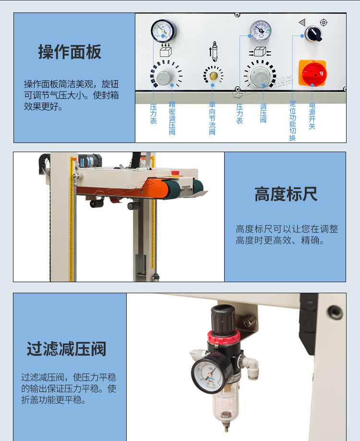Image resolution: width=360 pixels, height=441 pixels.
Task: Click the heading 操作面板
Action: click(x=70, y=52)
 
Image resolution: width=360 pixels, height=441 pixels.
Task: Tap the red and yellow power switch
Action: click(x=312, y=73)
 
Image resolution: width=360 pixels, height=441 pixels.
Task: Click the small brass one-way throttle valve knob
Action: click(x=213, y=75)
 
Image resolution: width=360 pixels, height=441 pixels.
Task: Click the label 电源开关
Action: click(x=312, y=116)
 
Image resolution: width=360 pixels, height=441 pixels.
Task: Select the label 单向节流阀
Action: click(x=212, y=118)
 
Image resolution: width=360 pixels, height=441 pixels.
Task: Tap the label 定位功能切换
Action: click(x=293, y=120)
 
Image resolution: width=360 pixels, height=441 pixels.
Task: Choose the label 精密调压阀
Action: click(x=172, y=118)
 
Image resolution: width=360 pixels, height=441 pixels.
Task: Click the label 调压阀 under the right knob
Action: click(x=263, y=114)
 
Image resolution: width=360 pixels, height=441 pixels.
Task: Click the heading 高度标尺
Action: click(x=286, y=195)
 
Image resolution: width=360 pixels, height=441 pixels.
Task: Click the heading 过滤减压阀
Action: click(x=66, y=349)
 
